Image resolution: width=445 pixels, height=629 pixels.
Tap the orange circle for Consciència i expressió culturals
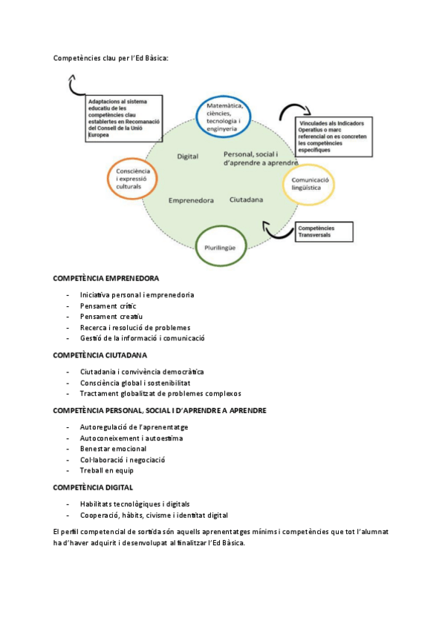click(108, 179)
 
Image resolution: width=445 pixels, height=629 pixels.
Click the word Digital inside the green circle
click(187, 157)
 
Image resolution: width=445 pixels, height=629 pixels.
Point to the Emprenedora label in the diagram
click(191, 200)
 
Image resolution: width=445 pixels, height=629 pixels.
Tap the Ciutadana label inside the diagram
click(246, 200)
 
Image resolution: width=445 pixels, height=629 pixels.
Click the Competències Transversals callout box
click(324, 232)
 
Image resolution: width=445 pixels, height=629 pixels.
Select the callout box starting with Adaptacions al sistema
click(124, 119)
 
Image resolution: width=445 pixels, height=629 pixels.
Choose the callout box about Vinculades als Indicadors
click(334, 136)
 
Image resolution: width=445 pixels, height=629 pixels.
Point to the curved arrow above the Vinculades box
click(294, 105)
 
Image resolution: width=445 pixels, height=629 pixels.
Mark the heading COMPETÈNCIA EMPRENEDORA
click(106, 278)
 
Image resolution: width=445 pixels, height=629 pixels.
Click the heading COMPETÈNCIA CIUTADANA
click(100, 355)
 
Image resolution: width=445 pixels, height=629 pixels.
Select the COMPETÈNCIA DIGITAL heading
click(93, 488)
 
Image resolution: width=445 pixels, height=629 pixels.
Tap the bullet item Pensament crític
click(108, 306)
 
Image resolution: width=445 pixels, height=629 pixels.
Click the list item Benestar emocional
click(113, 449)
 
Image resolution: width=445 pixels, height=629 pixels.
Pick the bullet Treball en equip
click(107, 470)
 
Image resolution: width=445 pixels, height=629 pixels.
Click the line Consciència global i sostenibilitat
click(135, 383)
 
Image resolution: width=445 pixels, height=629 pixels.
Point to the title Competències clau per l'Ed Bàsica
click(111, 58)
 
